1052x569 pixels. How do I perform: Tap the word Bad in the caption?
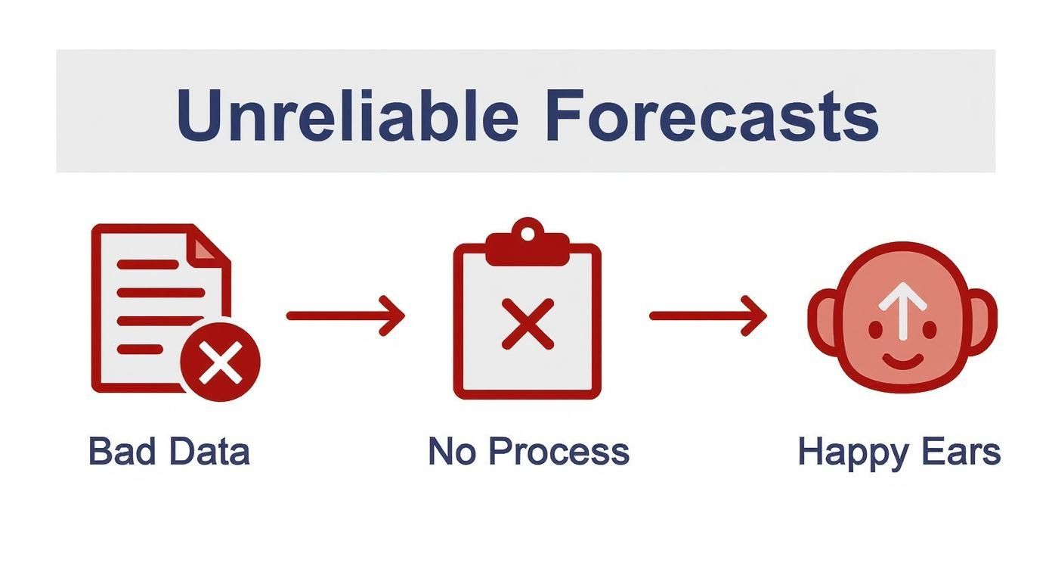[x=120, y=452]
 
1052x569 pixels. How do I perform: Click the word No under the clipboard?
[x=451, y=452]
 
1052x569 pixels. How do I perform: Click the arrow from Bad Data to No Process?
[x=345, y=315]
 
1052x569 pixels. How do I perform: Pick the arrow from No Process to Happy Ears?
[x=708, y=315]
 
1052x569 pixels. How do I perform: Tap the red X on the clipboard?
[x=528, y=323]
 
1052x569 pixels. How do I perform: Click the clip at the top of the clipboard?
[x=527, y=246]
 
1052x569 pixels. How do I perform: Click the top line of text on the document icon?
[x=148, y=264]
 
